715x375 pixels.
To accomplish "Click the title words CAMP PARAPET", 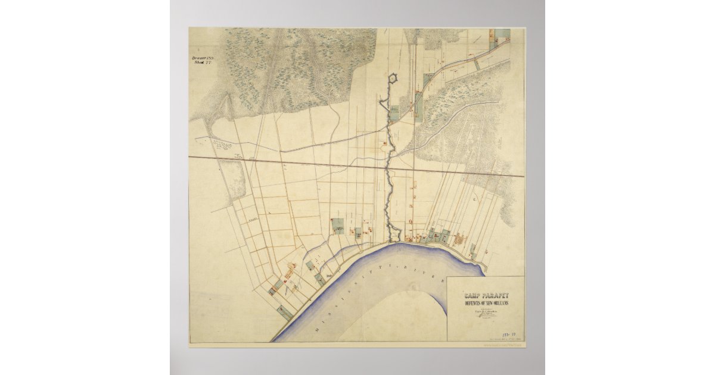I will [486, 295].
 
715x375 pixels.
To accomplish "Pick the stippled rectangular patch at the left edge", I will [236, 180].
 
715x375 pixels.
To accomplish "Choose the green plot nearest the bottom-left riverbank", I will [285, 311].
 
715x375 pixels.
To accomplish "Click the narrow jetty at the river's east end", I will [480, 262].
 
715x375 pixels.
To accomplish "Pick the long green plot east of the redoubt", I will [427, 83].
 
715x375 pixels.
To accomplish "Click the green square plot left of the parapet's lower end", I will [338, 227].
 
